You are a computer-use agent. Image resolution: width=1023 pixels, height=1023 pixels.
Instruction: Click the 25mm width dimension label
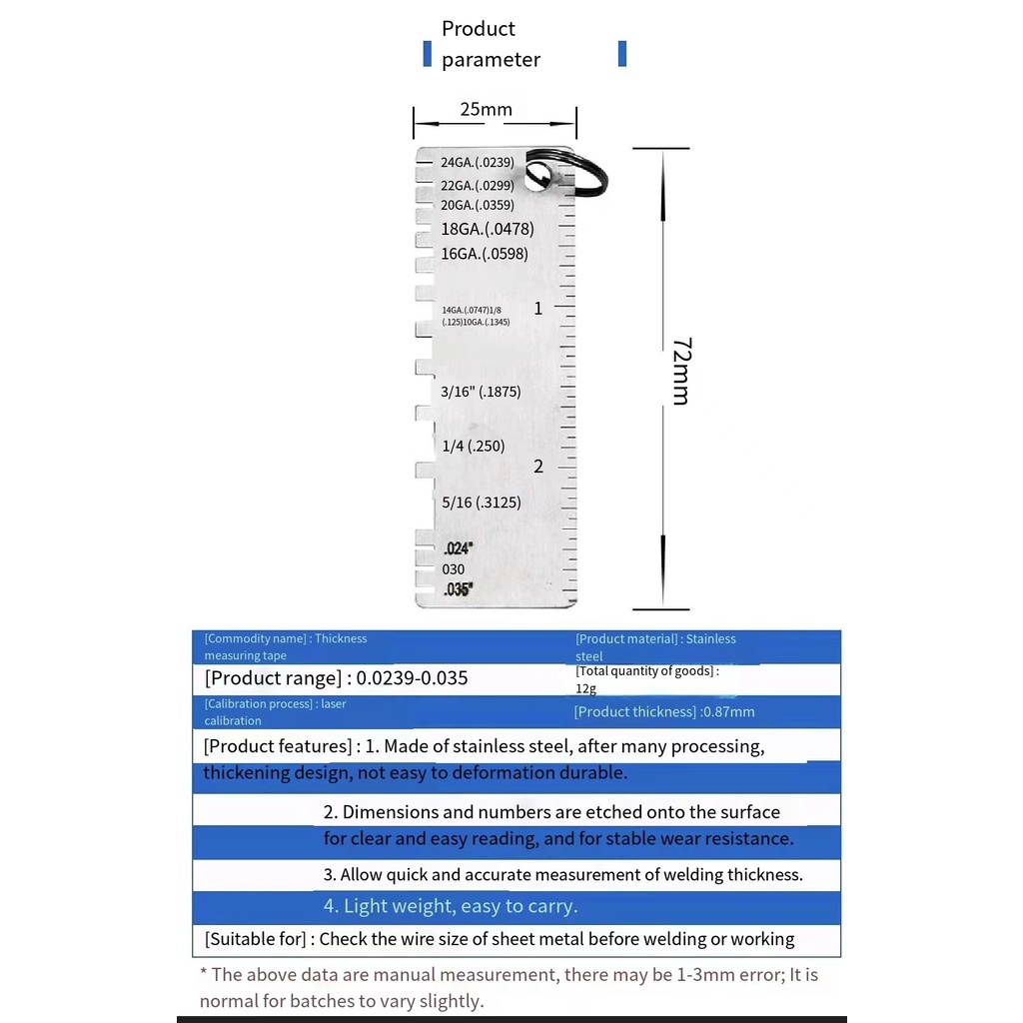[486, 109]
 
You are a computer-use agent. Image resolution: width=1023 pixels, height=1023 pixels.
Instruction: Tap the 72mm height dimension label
[679, 371]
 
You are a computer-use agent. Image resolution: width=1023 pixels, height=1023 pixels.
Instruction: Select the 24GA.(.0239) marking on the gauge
[477, 162]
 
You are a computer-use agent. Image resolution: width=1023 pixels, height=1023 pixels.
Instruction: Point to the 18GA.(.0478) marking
[487, 229]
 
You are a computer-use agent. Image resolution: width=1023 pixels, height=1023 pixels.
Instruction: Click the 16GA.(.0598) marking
[485, 254]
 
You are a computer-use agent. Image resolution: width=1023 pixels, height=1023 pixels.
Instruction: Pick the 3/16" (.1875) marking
[481, 392]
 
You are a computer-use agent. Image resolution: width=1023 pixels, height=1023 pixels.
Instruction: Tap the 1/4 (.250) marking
[473, 446]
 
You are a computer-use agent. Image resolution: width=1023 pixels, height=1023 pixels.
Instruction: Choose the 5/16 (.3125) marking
[481, 503]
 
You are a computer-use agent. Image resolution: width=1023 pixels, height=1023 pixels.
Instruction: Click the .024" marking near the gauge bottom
[458, 548]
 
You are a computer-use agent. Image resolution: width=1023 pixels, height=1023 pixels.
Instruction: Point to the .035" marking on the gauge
[458, 589]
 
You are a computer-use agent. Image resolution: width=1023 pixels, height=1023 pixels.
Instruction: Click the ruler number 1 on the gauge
[538, 309]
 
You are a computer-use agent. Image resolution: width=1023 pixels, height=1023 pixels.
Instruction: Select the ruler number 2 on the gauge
[538, 467]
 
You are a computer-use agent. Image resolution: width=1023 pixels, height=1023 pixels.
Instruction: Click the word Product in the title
[479, 29]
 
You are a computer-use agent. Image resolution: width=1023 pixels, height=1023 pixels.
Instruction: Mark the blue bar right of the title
[622, 53]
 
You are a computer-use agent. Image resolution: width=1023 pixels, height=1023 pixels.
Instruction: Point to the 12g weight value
[585, 688]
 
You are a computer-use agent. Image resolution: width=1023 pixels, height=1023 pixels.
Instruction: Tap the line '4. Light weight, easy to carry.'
[451, 907]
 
